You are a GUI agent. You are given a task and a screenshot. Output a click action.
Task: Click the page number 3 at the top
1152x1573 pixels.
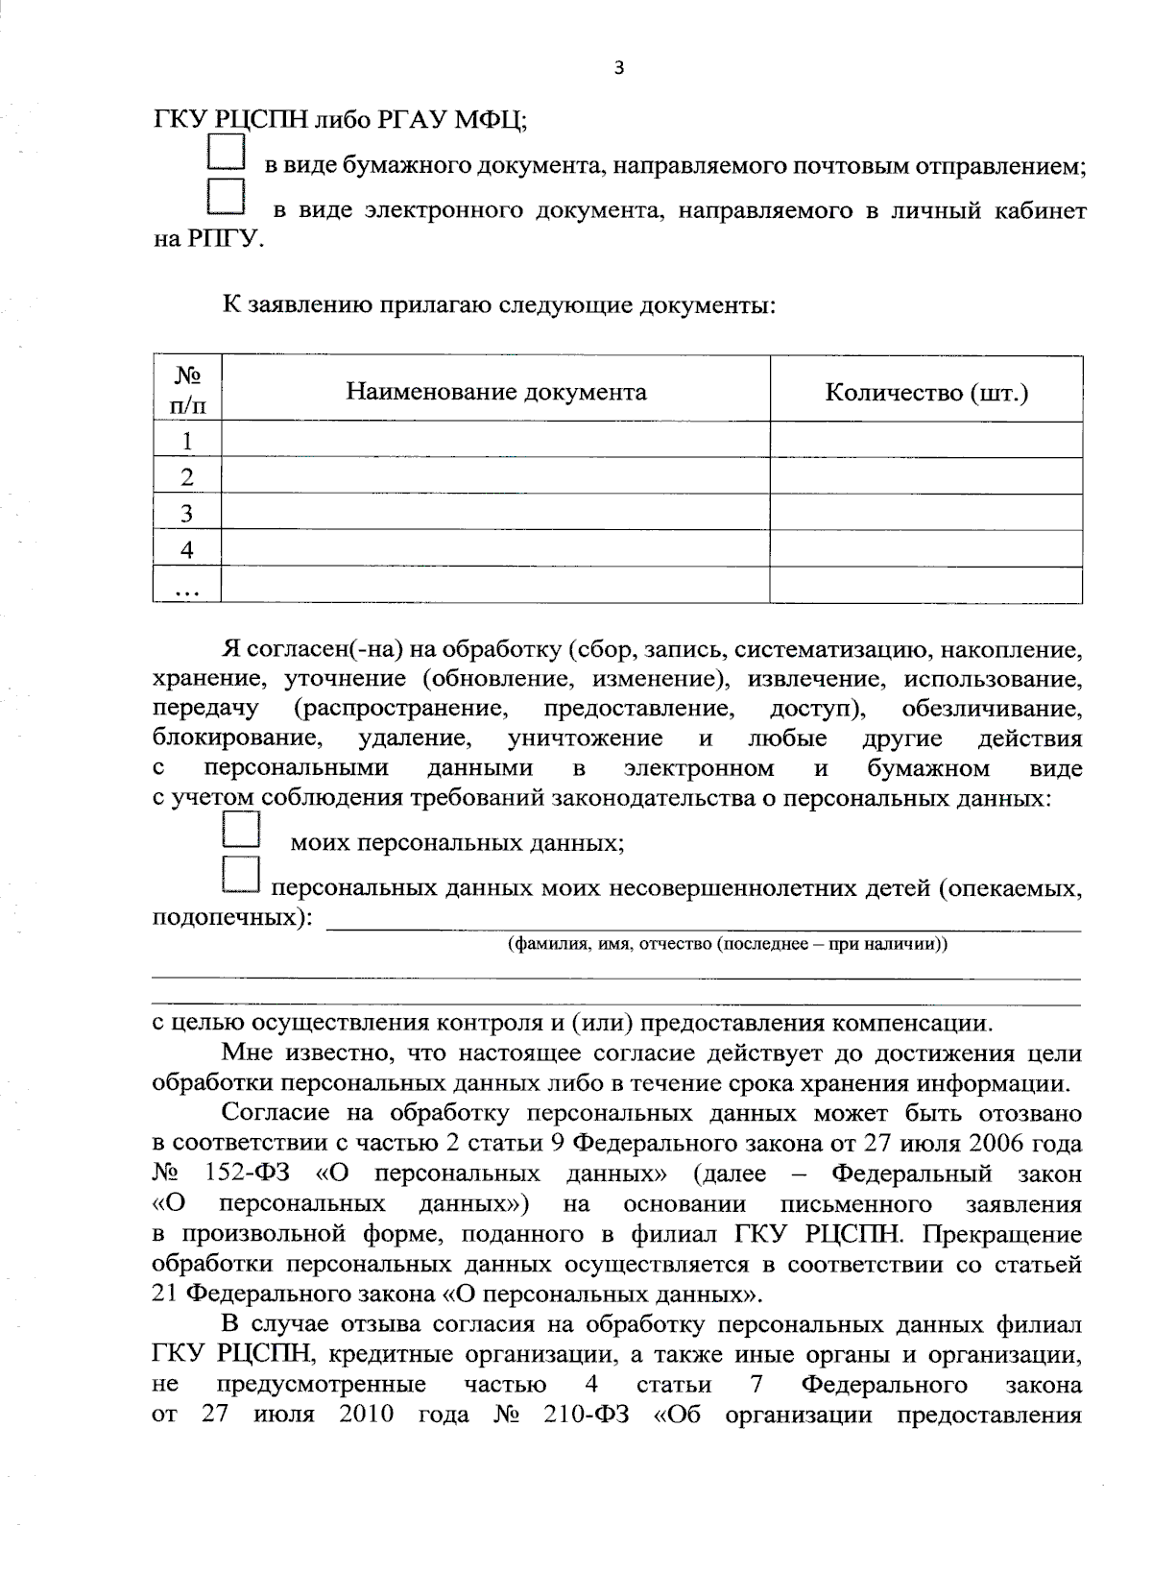618,68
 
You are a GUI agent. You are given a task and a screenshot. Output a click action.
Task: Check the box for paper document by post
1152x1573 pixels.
228,155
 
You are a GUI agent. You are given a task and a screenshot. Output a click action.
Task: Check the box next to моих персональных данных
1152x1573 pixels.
240,830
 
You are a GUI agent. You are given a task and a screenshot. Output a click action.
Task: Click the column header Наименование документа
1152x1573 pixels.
495,392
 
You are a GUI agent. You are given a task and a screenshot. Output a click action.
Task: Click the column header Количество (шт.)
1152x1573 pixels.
926,392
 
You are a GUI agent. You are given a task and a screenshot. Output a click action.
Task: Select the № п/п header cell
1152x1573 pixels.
187,390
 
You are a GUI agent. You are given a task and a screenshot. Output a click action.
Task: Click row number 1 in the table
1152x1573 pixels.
187,441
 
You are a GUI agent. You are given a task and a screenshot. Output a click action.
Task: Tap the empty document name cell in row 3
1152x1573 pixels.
495,513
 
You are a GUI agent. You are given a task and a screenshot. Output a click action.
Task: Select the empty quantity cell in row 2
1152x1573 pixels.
926,477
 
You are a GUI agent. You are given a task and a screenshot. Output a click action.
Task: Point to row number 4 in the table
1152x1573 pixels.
187,549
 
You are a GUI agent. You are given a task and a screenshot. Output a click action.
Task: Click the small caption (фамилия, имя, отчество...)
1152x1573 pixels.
728,943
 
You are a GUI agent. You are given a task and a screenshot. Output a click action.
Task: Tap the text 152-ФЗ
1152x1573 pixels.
244,1174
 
